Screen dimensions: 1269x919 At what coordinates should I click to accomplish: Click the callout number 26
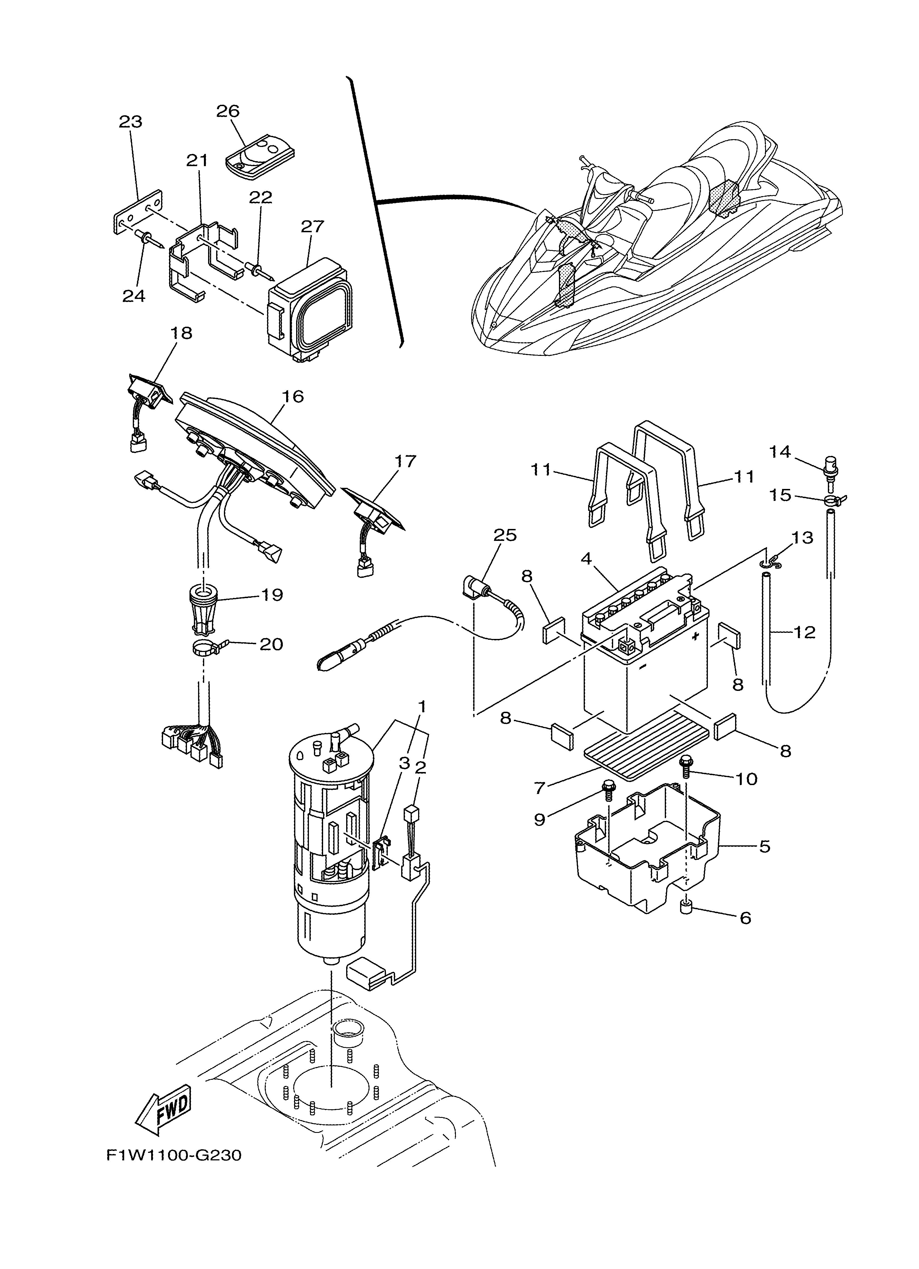pyautogui.click(x=228, y=111)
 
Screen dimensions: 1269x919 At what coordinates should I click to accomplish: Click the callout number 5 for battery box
pyautogui.click(x=765, y=862)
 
